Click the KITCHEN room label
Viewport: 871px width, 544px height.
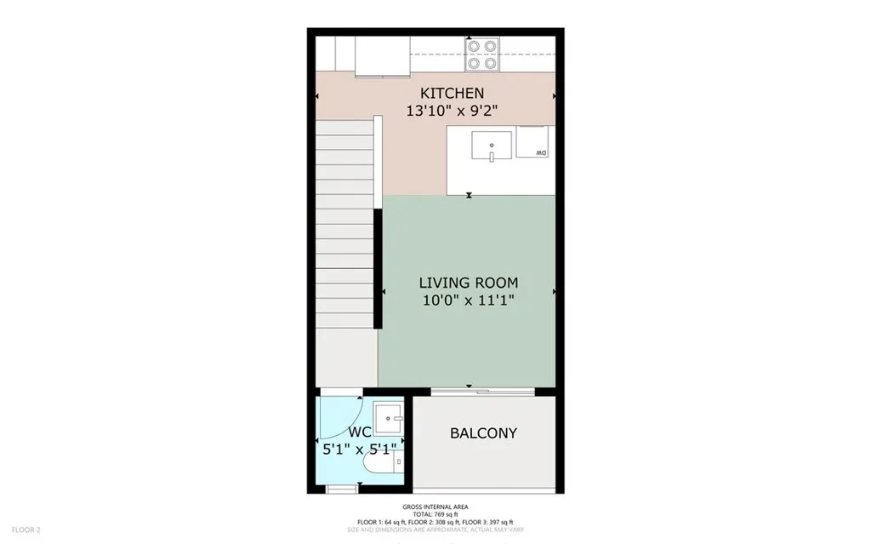[x=452, y=93]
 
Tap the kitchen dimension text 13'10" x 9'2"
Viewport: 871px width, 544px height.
[x=452, y=109]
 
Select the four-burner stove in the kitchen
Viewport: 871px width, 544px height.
[x=481, y=54]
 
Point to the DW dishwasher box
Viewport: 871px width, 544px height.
[x=535, y=141]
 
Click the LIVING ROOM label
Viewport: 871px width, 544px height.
[x=469, y=283]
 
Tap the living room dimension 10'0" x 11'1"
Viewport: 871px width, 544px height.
[x=469, y=300]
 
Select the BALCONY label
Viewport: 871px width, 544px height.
[x=483, y=432]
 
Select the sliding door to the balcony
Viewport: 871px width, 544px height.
[x=482, y=392]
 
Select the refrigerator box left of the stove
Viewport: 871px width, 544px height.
[x=382, y=56]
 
